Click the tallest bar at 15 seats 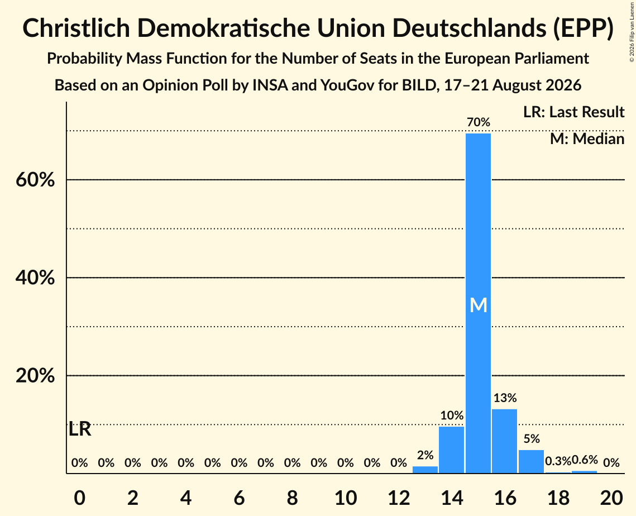point(478,303)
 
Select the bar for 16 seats point(505,441)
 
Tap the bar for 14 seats point(451,450)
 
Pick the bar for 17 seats point(532,461)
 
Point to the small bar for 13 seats point(425,469)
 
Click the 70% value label point(478,122)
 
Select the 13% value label point(505,398)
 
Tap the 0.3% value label point(558,461)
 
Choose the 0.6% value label point(585,460)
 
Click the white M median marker point(478,305)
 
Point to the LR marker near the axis point(80,429)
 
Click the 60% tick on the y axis point(35,179)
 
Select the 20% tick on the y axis point(35,376)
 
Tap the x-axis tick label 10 point(346,498)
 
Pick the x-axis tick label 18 point(558,498)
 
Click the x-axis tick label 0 point(79,498)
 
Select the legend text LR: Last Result point(573,112)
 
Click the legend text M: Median point(587,139)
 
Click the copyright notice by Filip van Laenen point(632,32)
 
